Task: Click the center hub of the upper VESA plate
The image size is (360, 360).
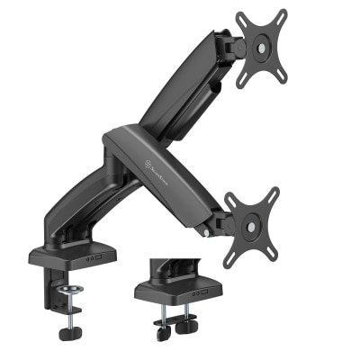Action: point(262,49)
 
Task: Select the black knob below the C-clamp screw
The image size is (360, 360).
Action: point(68,333)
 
